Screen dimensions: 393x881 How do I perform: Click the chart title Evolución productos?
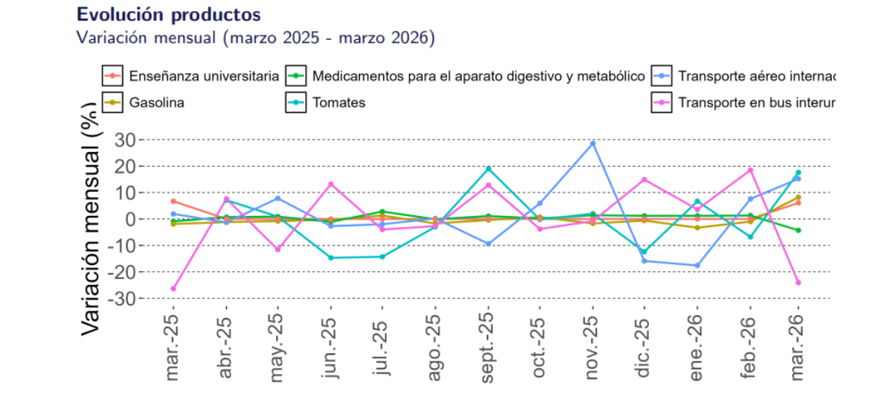(168, 15)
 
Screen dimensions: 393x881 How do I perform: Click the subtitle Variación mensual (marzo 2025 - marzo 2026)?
(255, 37)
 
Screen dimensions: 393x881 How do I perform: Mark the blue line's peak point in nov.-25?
(592, 143)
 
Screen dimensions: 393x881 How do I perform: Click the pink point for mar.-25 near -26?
(173, 289)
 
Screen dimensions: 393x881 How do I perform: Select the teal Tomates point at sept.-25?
(488, 169)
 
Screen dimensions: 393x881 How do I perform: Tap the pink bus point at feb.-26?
(750, 170)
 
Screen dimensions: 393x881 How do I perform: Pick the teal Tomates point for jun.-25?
(330, 258)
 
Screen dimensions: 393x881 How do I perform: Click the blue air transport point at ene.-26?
(697, 265)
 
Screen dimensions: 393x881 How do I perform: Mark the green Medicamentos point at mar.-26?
(798, 230)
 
